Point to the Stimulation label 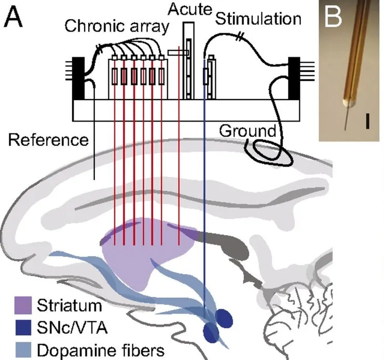[x=258, y=20]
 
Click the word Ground [x=247, y=132]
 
